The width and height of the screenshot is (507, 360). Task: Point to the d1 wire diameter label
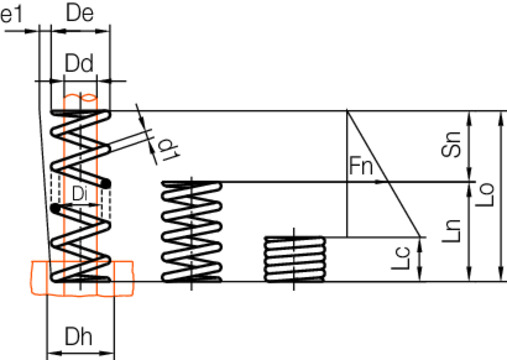tap(167, 149)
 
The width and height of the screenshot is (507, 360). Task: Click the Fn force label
tap(361, 165)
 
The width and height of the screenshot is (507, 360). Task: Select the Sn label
tap(450, 148)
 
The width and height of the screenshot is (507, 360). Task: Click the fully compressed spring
tap(295, 259)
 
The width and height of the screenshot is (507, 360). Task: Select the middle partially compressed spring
tap(191, 231)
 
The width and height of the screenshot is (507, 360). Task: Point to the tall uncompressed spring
tap(79, 195)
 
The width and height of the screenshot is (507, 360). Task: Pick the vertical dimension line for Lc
tap(419, 260)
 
